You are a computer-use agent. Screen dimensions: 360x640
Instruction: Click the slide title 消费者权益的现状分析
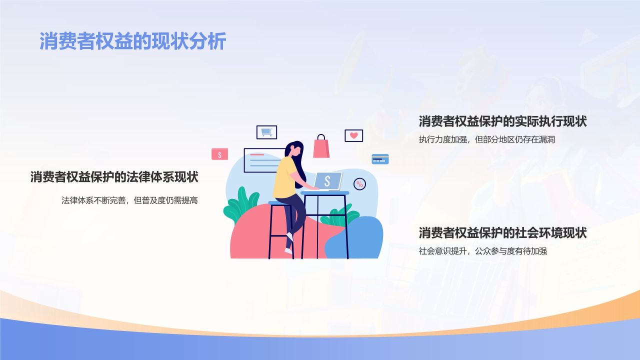pyautogui.click(x=132, y=41)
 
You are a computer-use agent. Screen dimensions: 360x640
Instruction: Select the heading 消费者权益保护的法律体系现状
pyautogui.click(x=114, y=177)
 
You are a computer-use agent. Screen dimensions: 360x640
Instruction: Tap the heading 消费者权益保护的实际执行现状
pyautogui.click(x=502, y=121)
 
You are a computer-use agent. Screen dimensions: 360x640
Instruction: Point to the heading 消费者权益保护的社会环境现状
pyautogui.click(x=502, y=233)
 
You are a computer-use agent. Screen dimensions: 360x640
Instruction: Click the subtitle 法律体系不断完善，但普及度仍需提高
pyautogui.click(x=129, y=200)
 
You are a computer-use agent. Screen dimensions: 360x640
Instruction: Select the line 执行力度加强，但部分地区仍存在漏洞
pyautogui.click(x=486, y=140)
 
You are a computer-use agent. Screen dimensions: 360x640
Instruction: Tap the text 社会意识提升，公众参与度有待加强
pyautogui.click(x=482, y=251)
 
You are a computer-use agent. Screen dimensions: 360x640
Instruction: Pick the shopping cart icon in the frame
pyautogui.click(x=266, y=132)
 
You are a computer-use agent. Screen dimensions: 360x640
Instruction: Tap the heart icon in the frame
pyautogui.click(x=353, y=135)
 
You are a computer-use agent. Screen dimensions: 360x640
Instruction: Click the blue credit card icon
pyautogui.click(x=380, y=159)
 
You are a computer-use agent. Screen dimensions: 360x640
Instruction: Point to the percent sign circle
pyautogui.click(x=359, y=184)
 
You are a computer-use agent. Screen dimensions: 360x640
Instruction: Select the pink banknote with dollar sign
pyautogui.click(x=219, y=154)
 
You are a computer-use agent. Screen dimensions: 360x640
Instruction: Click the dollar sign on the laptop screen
pyautogui.click(x=327, y=181)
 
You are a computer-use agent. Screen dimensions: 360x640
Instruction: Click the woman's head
pyautogui.click(x=293, y=149)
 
